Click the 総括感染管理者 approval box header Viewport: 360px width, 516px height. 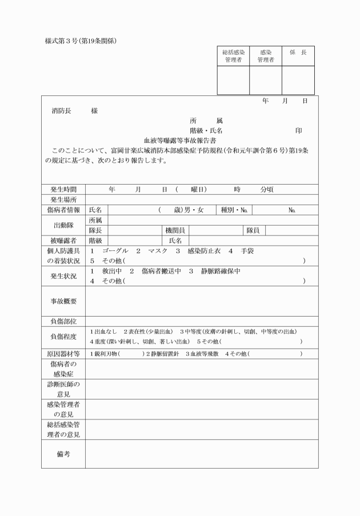point(233,56)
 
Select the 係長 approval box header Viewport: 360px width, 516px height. point(298,53)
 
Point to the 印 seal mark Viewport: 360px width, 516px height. point(298,130)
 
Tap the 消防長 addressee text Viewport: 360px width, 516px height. point(61,111)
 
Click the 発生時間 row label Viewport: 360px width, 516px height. point(63,189)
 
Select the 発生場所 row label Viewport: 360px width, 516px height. point(63,199)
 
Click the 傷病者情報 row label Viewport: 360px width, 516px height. point(63,210)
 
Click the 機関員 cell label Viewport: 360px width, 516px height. point(174,230)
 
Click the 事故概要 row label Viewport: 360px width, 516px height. point(63,301)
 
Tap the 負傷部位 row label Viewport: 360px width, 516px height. point(63,321)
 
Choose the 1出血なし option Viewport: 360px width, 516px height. point(103,331)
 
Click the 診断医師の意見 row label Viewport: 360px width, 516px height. point(63,389)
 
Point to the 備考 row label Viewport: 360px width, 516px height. point(63,454)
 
